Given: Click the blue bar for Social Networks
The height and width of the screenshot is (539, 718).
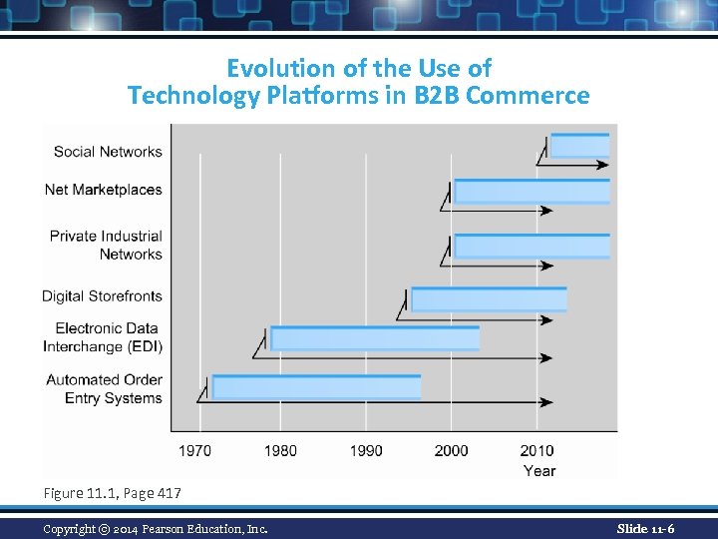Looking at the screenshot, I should point(579,146).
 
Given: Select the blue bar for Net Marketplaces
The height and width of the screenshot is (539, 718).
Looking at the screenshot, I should point(532,192).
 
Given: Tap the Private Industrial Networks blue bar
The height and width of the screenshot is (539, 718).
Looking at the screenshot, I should point(532,247).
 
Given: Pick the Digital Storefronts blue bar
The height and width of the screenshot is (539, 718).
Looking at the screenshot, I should point(489,298).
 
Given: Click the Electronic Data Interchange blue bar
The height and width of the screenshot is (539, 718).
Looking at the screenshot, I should point(375,338).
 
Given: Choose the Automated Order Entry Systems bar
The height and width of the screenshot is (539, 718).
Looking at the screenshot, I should point(316,386).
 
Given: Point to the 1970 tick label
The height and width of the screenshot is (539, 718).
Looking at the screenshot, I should point(194,450).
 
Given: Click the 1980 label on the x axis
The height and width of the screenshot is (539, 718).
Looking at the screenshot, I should point(280,450).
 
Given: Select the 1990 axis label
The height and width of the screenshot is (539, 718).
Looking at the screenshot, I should point(366,450).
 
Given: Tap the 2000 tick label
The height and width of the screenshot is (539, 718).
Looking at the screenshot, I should point(452,450).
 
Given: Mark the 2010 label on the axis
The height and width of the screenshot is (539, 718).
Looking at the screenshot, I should point(538,450).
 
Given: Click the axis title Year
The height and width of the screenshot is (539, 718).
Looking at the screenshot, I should point(539,470).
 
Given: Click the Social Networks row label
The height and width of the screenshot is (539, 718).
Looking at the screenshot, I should point(108,152).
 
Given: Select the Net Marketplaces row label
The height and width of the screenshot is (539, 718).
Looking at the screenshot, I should point(104,190).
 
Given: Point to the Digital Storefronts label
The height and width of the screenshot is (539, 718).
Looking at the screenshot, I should point(102,296).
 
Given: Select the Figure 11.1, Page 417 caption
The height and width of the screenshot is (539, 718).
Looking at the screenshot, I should point(112,492).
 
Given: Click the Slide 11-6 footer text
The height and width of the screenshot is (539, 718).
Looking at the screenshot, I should point(644,527).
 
